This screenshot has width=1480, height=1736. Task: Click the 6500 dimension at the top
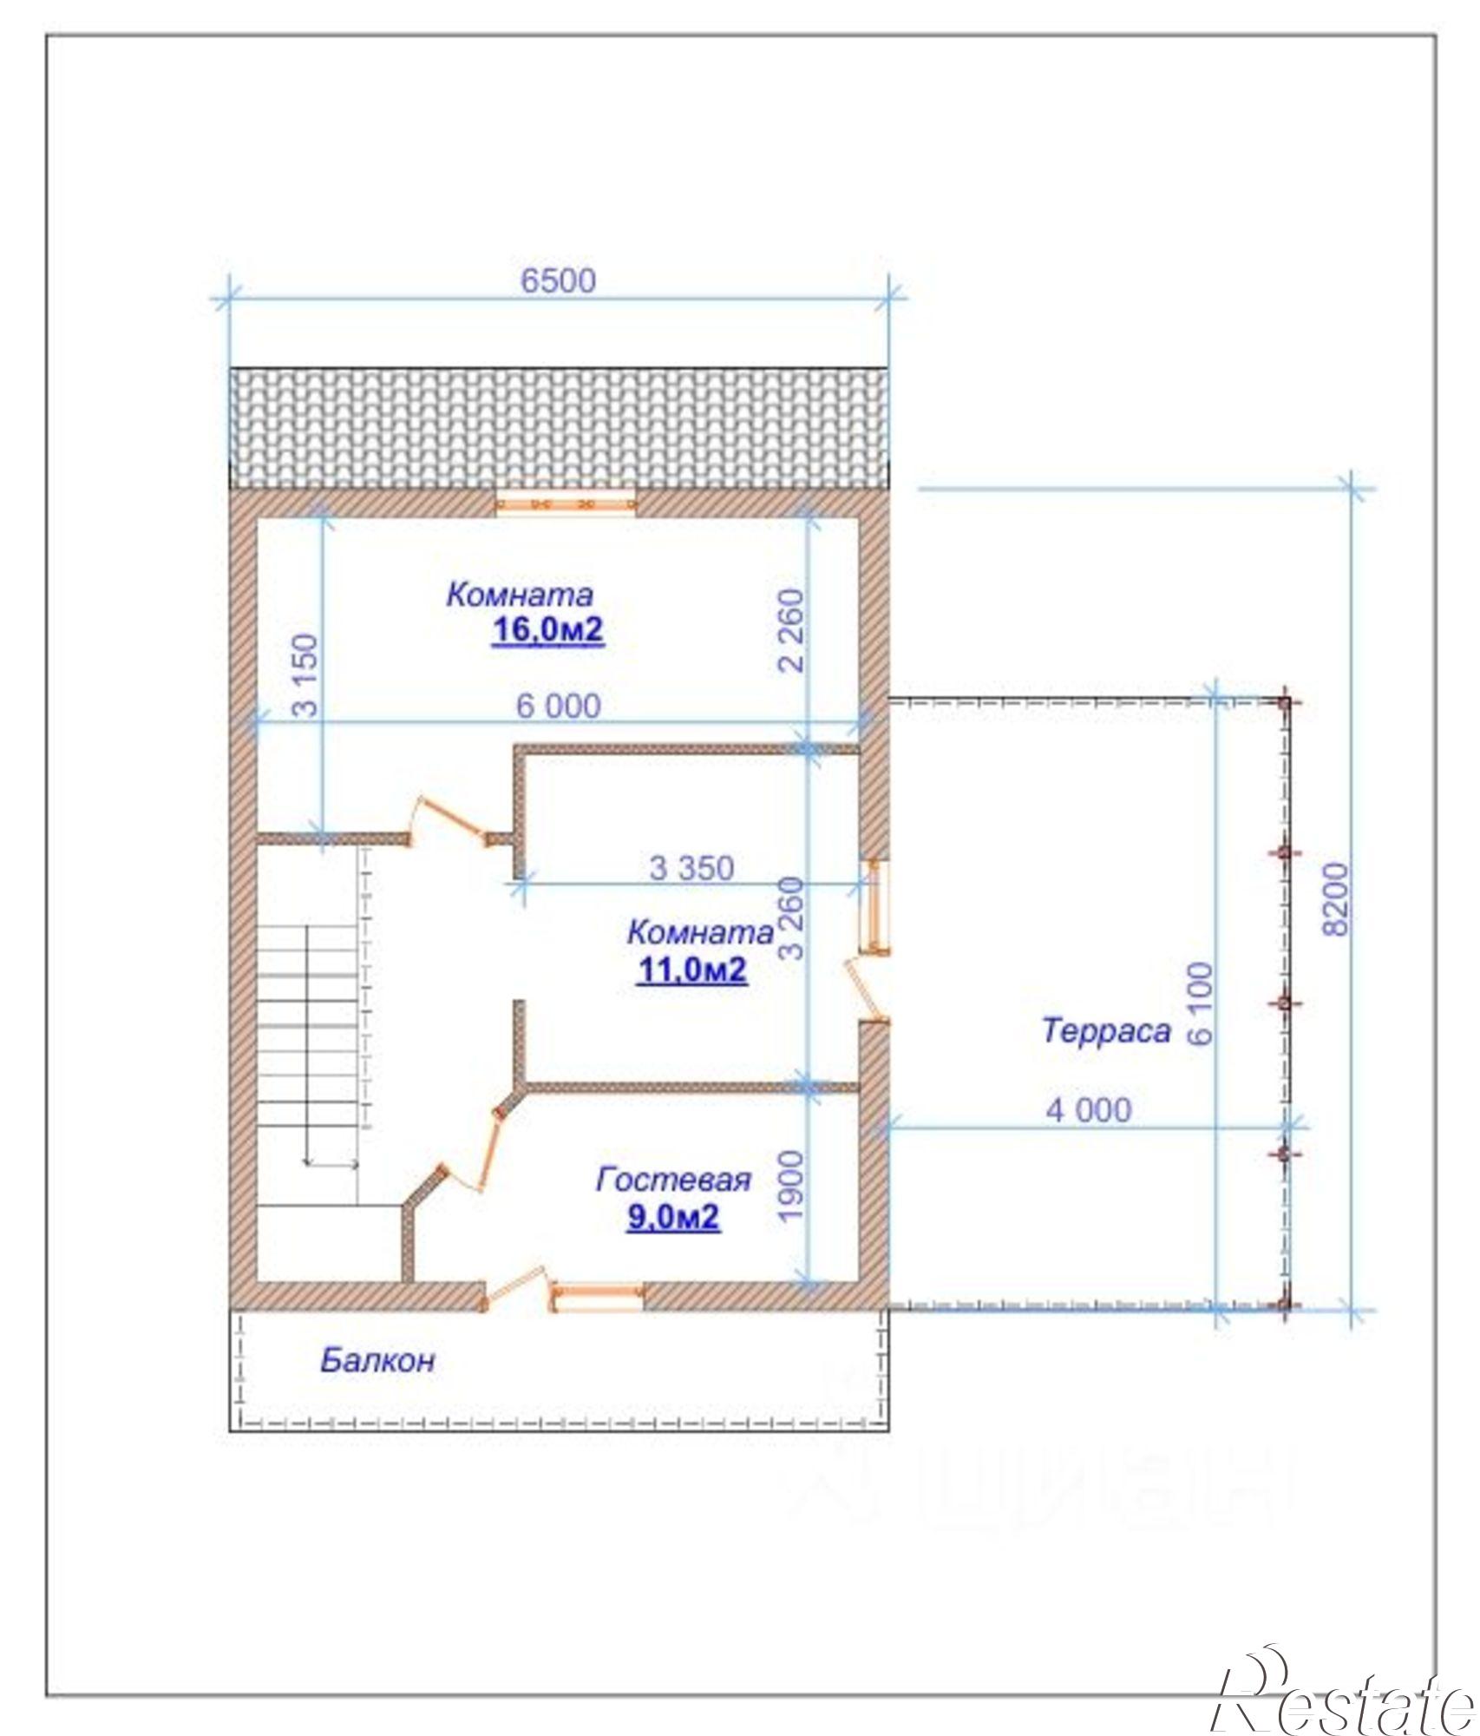(558, 280)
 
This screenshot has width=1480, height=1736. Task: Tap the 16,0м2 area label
(547, 630)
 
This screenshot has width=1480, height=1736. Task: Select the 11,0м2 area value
(691, 970)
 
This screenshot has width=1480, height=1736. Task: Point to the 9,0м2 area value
(673, 1217)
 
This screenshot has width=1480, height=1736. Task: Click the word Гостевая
(672, 1180)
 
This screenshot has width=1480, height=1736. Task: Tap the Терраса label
(1106, 1030)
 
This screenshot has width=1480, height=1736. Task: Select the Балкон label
(377, 1359)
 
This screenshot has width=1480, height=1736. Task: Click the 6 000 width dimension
(558, 706)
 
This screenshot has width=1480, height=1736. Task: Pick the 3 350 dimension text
(691, 867)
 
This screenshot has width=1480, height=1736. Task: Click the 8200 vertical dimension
(1337, 898)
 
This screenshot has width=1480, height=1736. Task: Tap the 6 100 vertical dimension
(1201, 1003)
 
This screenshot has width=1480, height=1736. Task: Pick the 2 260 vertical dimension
(792, 631)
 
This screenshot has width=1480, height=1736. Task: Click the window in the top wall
(566, 503)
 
